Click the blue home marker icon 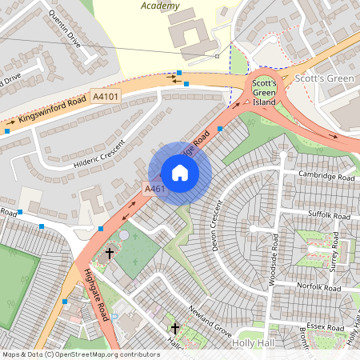coord(180,173)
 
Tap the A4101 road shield coord(106,96)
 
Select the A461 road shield coord(154,189)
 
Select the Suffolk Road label coord(330,216)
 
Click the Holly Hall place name coord(253,342)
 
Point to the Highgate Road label coord(96,294)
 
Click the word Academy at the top coord(161,6)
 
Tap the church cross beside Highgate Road coord(110,254)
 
